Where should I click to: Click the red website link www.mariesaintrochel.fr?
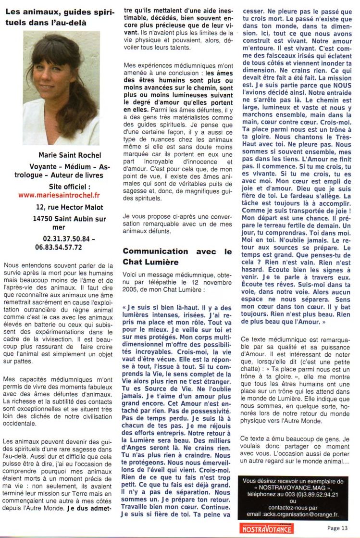pos(59,195)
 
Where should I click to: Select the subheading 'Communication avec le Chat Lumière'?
pos(177,257)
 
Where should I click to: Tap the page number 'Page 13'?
pos(337,527)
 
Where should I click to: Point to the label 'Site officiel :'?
pos(69,186)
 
